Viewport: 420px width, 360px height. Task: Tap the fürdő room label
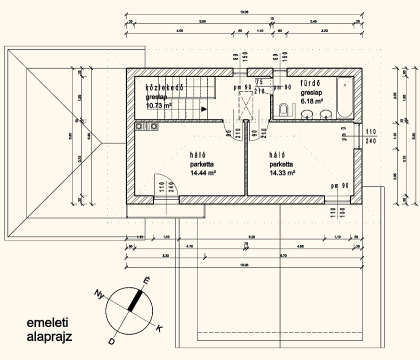313,83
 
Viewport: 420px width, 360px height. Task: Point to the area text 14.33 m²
282,173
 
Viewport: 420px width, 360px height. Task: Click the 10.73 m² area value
159,105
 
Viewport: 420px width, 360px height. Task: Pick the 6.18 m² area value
311,101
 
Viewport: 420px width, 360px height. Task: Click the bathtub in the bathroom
345,98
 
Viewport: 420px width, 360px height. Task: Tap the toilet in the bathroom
283,108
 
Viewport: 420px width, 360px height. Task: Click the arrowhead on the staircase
204,108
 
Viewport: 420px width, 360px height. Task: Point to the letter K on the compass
159,328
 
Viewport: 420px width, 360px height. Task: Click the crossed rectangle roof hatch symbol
246,105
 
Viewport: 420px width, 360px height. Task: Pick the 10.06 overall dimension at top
244,12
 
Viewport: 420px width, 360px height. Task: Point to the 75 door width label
259,81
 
